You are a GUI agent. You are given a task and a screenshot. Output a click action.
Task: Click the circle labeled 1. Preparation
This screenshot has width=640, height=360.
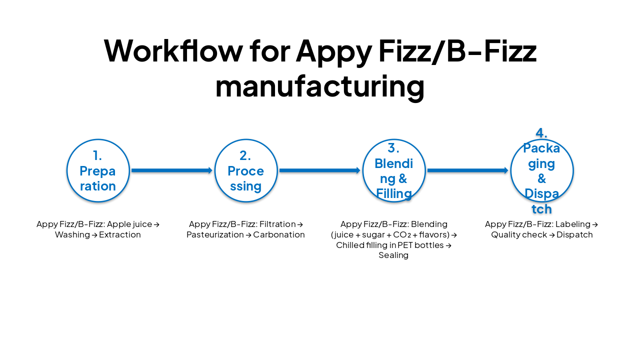click(98, 170)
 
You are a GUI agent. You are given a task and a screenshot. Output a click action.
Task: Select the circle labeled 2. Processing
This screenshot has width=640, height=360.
click(246, 170)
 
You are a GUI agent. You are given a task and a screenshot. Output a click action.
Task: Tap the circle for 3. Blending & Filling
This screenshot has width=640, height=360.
click(394, 170)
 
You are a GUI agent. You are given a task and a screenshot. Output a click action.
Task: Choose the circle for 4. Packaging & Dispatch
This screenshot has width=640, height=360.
click(542, 170)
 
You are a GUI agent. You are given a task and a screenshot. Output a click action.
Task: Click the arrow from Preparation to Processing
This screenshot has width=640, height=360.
click(172, 170)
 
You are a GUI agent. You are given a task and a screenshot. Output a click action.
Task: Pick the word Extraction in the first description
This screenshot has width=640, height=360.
click(120, 234)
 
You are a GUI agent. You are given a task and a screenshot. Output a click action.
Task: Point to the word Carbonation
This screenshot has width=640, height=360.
click(279, 234)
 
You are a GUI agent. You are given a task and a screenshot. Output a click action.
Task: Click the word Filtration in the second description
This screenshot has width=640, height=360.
click(277, 224)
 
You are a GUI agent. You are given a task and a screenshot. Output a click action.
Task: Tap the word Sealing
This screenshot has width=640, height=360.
click(393, 255)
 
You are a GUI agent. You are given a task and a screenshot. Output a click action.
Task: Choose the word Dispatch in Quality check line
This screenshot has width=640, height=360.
click(574, 234)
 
